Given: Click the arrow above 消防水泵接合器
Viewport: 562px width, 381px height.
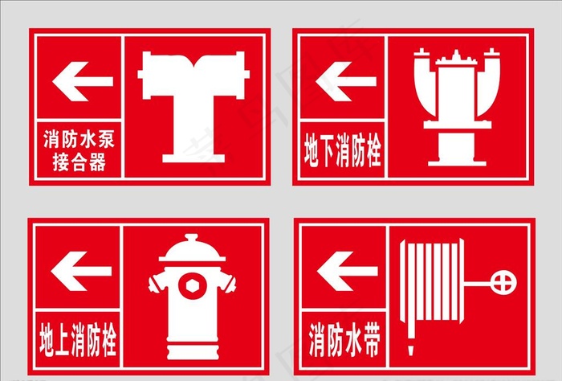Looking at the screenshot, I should click(82, 81).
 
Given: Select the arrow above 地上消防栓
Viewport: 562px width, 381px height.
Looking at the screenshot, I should click(82, 271).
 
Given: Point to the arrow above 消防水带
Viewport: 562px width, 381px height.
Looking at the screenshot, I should click(347, 271).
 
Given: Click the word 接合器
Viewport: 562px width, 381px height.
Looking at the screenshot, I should click(78, 163).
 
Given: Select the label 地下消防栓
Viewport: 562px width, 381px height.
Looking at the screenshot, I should click(342, 150).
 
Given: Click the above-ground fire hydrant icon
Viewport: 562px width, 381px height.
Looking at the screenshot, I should click(191, 297).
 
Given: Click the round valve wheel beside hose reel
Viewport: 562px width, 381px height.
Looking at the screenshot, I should click(504, 283).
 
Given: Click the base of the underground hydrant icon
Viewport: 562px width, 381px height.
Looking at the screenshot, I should click(454, 156).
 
